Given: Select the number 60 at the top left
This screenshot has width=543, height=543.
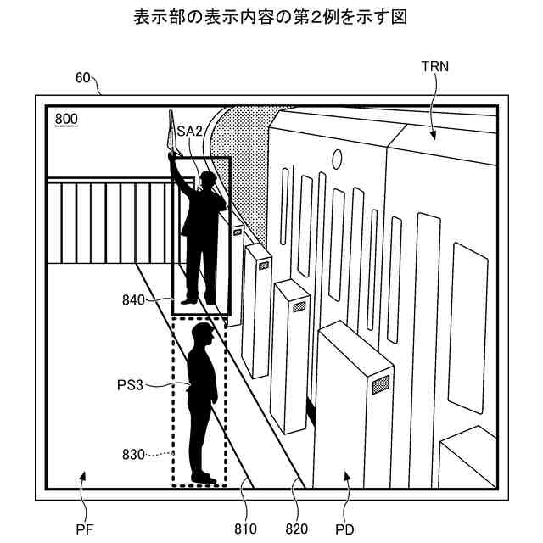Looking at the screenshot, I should click(83, 78).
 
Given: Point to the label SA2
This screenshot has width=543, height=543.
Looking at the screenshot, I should click(189, 132).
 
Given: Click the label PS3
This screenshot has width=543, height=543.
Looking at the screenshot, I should click(132, 384).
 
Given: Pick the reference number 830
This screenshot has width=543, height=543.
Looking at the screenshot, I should click(134, 454).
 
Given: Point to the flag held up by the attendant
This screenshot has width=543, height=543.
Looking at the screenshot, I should click(171, 132).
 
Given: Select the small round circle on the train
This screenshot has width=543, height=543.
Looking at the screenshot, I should click(337, 158).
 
